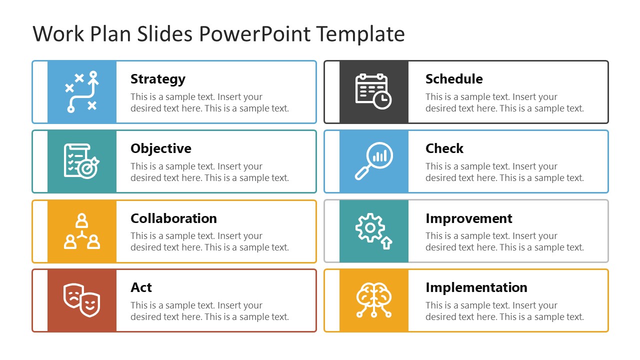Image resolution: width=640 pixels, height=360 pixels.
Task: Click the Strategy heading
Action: click(x=158, y=79)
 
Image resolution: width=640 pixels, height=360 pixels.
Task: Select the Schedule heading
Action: click(x=454, y=79)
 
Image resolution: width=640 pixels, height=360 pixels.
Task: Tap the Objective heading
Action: click(x=160, y=148)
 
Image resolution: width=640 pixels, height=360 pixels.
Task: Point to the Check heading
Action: click(x=444, y=148)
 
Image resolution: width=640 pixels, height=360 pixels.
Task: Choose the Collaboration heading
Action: click(x=173, y=218)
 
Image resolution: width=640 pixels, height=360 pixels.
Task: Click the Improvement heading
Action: click(x=468, y=218)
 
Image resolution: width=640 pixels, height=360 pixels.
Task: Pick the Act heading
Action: click(x=141, y=287)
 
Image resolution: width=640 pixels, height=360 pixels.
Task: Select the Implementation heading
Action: click(x=476, y=287)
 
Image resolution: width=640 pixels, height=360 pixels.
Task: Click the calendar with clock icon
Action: click(x=373, y=91)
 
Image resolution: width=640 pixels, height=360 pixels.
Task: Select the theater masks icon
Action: click(x=82, y=300)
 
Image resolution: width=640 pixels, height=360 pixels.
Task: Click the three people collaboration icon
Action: click(x=82, y=231)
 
